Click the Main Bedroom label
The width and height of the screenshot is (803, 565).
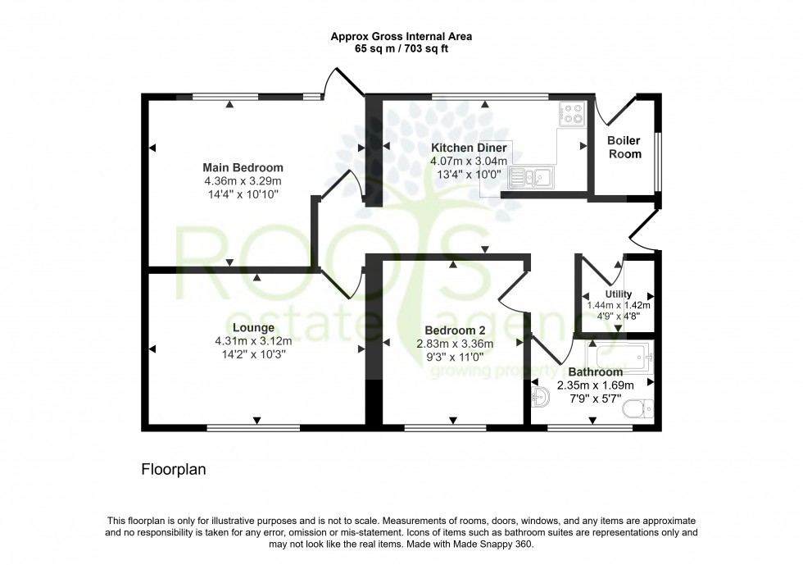[x=243, y=168]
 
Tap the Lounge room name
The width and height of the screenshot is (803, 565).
[x=253, y=328]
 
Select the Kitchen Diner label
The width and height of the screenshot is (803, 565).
[x=469, y=148]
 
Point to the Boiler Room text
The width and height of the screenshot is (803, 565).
[x=624, y=148]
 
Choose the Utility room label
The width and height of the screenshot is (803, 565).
[x=618, y=294]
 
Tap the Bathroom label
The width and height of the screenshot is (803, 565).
[x=596, y=372]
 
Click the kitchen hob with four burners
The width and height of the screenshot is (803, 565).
[x=570, y=113]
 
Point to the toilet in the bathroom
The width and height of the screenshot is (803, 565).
[x=637, y=408]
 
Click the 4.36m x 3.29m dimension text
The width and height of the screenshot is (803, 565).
[x=243, y=181]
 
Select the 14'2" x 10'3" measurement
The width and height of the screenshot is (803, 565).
[x=253, y=354]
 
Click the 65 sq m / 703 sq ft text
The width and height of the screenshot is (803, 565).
[x=401, y=49]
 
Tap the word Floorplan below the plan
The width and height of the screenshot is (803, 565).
[x=173, y=470]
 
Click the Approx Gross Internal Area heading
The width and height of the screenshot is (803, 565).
[x=401, y=36]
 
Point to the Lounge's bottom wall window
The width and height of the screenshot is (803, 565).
[x=253, y=427]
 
